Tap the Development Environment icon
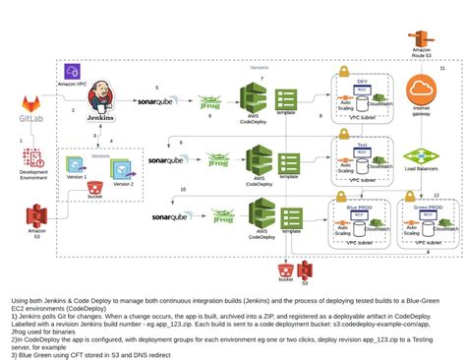[x=32, y=157]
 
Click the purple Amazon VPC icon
[x=72, y=72]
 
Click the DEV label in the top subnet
[x=362, y=82]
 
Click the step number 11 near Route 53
[x=442, y=68]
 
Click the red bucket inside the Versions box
[x=94, y=187]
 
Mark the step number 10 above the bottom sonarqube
[x=183, y=189]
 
